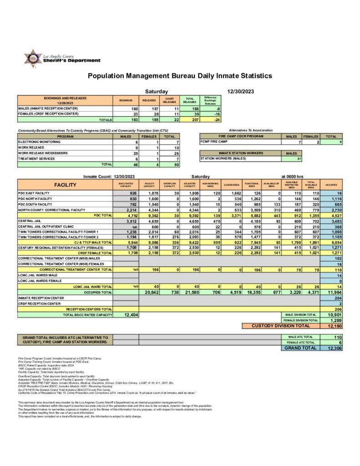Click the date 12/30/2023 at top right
pos(240,91)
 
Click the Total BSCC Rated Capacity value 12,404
pos(126,315)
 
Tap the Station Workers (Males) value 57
pos(299,158)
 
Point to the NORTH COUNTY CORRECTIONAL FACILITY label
pos(51,210)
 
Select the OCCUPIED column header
pos(331,185)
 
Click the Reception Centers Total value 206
pos(334,309)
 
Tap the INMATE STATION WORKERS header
pos(240,153)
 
